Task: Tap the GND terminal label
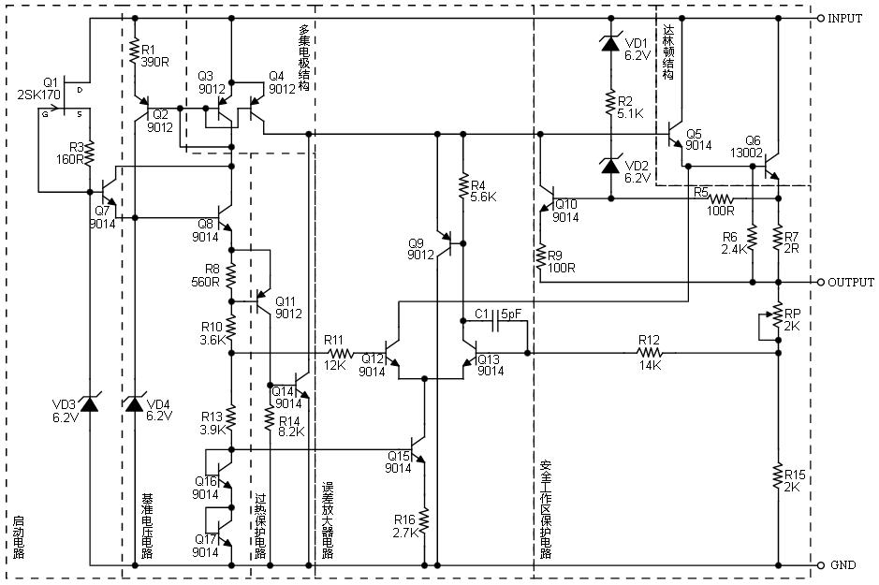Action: [x=842, y=565]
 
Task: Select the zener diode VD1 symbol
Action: [x=610, y=42]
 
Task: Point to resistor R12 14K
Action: [x=650, y=354]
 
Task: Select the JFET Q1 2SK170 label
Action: [x=37, y=88]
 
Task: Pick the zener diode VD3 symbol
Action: [x=90, y=403]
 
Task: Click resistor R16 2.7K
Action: [x=424, y=520]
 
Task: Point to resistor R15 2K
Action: [x=778, y=477]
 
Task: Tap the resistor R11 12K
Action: [x=338, y=354]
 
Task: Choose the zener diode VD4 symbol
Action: [x=134, y=403]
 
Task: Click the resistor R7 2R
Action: [x=778, y=240]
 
